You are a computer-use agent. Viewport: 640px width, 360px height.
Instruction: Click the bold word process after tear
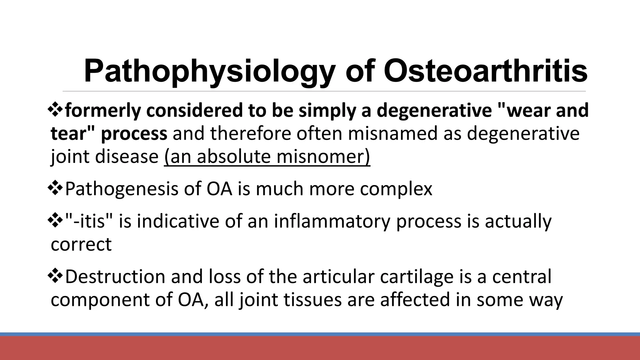(134, 134)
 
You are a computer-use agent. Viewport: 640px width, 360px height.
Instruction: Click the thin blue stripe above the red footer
(320, 334)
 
